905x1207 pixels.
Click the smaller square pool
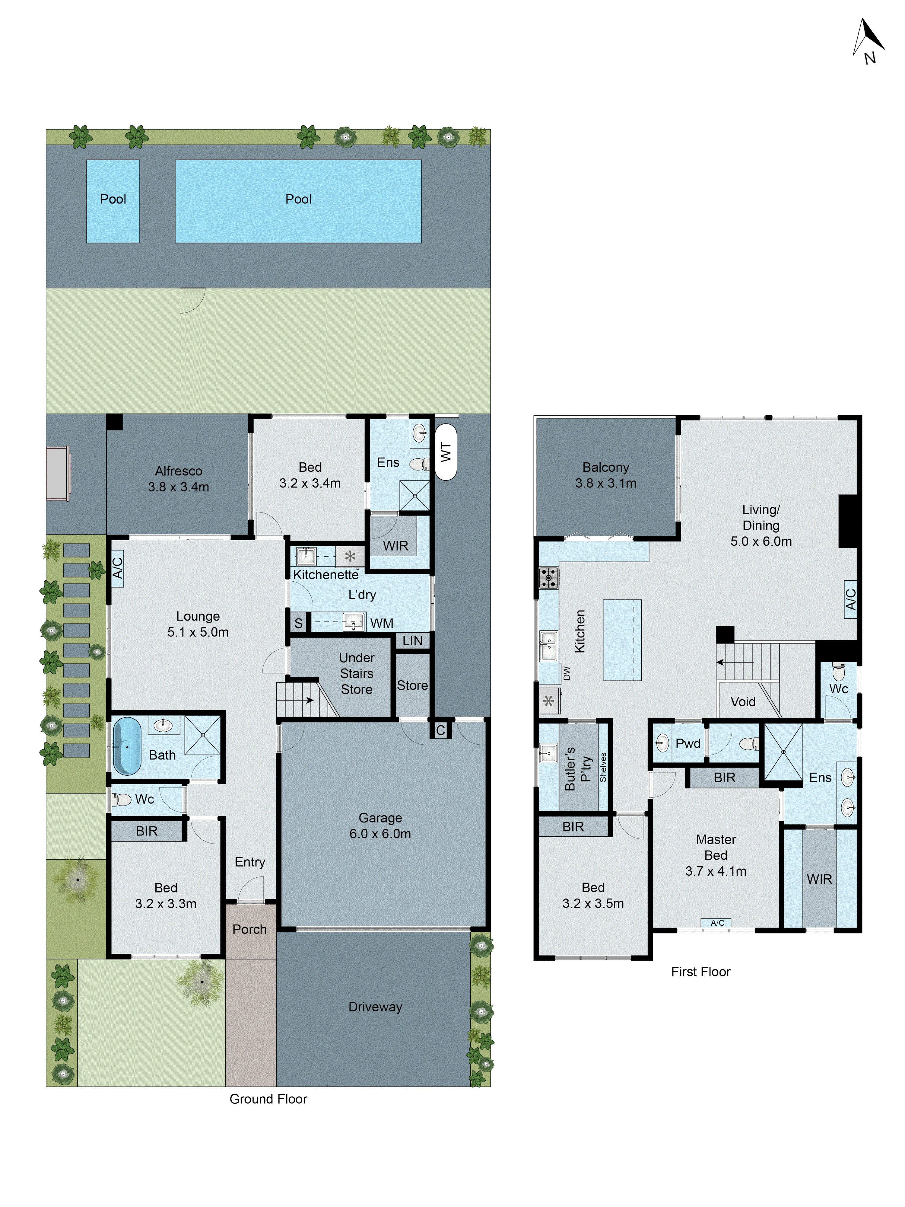pyautogui.click(x=113, y=201)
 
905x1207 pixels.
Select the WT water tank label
pyautogui.click(x=446, y=452)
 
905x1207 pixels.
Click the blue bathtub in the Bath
pyautogui.click(x=127, y=746)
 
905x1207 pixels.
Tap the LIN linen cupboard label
pyautogui.click(x=412, y=640)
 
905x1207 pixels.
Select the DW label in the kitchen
pyautogui.click(x=566, y=673)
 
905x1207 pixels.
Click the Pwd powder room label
pyautogui.click(x=688, y=743)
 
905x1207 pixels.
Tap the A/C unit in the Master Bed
pyautogui.click(x=717, y=923)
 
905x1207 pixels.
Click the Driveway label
pyautogui.click(x=375, y=1007)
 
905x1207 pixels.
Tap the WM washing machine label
pyautogui.click(x=381, y=623)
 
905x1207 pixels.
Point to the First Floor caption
pyautogui.click(x=700, y=971)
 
